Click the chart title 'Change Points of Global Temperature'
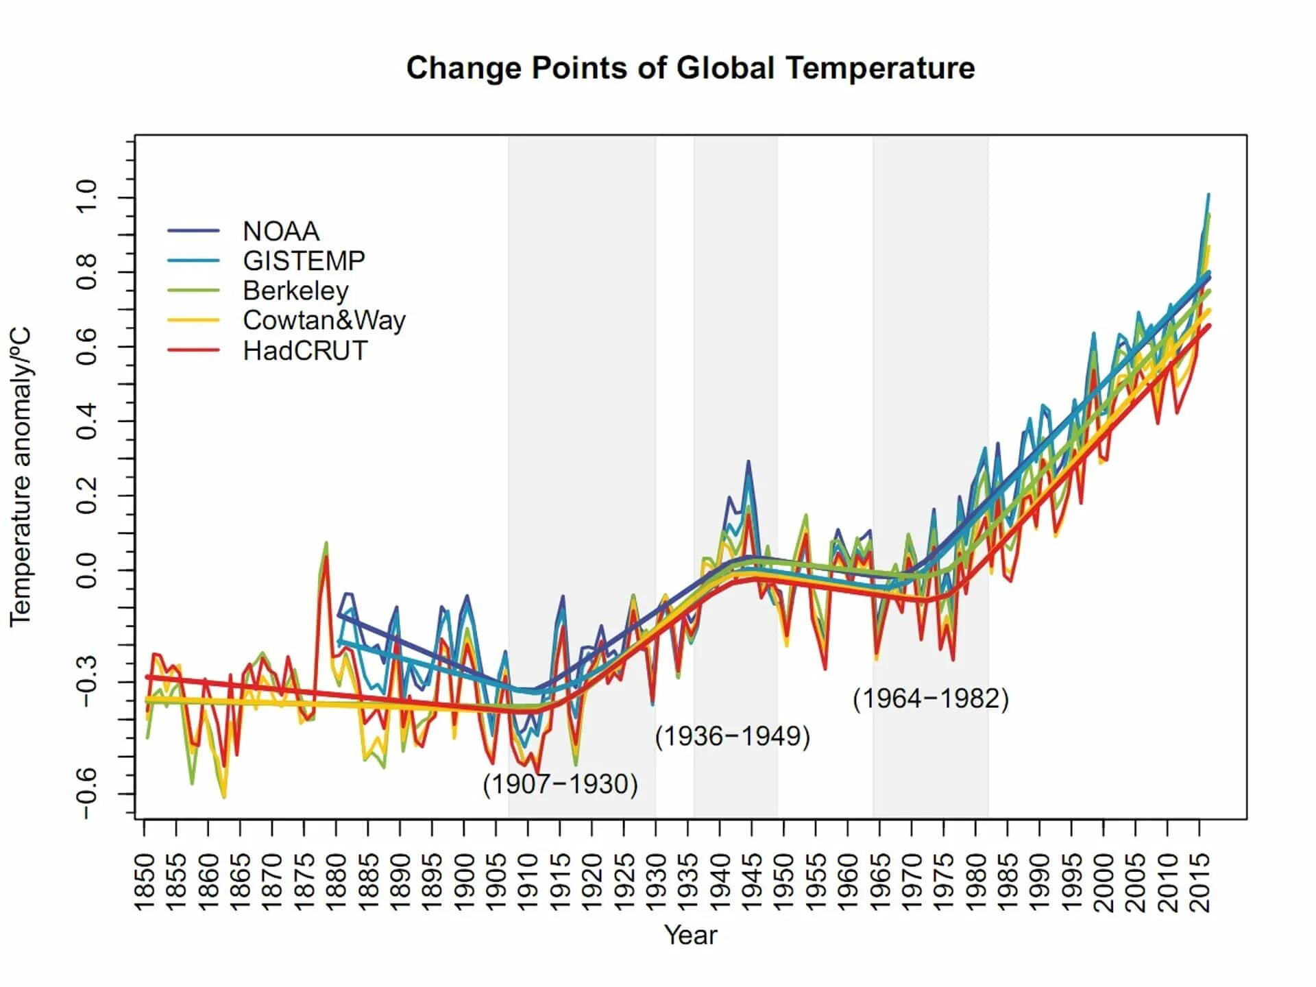tap(690, 69)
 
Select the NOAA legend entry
tap(281, 231)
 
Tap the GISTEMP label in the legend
tap(304, 261)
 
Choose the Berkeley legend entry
tap(295, 291)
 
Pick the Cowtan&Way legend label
tap(324, 320)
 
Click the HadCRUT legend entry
tap(305, 351)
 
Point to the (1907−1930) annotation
tap(560, 783)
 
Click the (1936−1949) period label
tap(732, 736)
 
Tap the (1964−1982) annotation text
tap(930, 698)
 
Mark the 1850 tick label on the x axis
tap(144, 883)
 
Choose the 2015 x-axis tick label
tap(1199, 883)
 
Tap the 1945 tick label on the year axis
tap(752, 883)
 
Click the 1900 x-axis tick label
tap(464, 883)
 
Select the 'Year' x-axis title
tap(690, 935)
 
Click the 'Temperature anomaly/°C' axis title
tap(21, 476)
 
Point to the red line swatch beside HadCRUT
tap(193, 350)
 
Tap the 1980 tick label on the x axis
tap(975, 883)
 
